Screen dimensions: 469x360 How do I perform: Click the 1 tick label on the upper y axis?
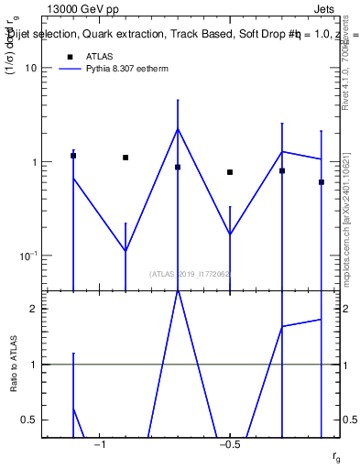click(34, 162)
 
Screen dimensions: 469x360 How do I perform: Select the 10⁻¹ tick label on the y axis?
click(28, 256)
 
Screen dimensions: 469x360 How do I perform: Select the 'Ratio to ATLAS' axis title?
click(14, 364)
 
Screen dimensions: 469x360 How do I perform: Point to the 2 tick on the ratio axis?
click(34, 309)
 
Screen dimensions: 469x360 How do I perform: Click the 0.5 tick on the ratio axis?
click(30, 420)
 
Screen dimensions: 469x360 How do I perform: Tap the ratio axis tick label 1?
click(34, 365)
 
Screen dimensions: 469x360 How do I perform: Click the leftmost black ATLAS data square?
click(73, 156)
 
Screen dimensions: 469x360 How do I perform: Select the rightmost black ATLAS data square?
click(322, 182)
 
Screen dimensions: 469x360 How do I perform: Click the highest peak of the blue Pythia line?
click(178, 128)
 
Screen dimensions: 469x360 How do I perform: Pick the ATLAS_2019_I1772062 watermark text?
click(190, 274)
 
